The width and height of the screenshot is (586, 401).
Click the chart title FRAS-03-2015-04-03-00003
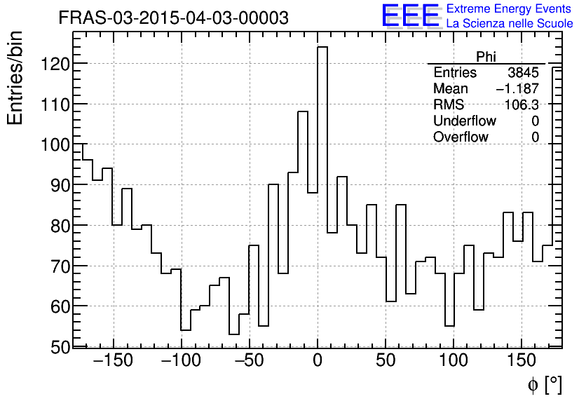pos(173,18)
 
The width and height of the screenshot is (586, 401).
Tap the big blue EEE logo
pos(410,16)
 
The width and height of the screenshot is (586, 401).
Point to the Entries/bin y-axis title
pos(15,79)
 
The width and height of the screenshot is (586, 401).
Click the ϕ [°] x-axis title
pos(544,384)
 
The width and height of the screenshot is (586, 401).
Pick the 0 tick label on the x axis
pos(318,362)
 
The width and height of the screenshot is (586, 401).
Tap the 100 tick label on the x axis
pos(454,362)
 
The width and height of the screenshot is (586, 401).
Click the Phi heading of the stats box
pos(486,57)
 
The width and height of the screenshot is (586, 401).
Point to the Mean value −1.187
pos(517,89)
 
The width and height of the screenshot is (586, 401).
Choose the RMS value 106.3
pos(522,105)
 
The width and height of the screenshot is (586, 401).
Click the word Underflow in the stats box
pos(465,121)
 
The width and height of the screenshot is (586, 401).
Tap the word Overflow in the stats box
pos(461,137)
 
